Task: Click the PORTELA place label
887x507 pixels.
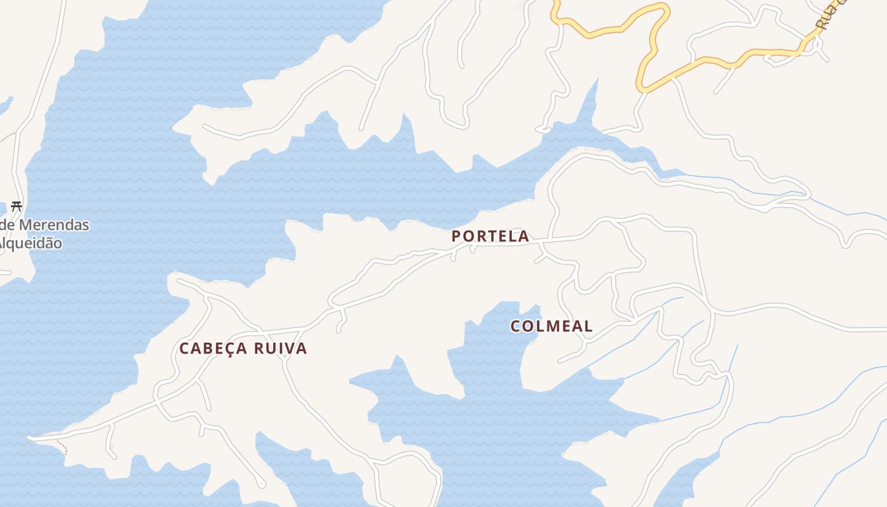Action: (x=490, y=236)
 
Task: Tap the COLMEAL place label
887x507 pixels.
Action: (x=551, y=326)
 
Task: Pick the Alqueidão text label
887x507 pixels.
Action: (x=32, y=243)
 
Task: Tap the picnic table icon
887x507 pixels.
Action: (x=16, y=206)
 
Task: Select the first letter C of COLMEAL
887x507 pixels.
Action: (x=516, y=326)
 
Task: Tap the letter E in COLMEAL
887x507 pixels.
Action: (x=563, y=326)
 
